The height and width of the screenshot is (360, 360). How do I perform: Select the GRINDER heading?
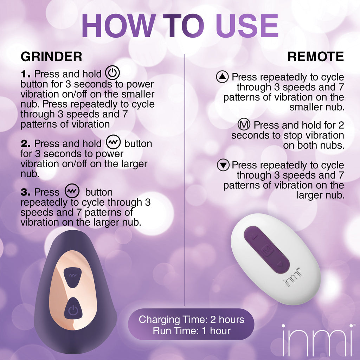pyautogui.click(x=51, y=57)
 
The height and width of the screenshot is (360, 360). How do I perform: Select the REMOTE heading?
pyautogui.click(x=315, y=57)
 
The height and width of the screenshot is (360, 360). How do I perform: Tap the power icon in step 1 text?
pyautogui.click(x=112, y=73)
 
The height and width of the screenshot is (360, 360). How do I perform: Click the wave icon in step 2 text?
pyautogui.click(x=113, y=143)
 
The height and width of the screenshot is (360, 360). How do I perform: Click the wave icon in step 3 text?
pyautogui.click(x=72, y=192)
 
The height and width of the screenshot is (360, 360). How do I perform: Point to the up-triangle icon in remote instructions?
pyautogui.click(x=223, y=77)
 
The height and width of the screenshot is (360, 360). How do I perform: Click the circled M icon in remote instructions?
pyautogui.click(x=244, y=125)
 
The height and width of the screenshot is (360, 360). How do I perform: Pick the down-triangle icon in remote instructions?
pyautogui.click(x=223, y=165)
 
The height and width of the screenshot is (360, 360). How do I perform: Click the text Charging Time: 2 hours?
pyautogui.click(x=191, y=320)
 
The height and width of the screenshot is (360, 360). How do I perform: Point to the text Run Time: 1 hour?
pyautogui.click(x=191, y=331)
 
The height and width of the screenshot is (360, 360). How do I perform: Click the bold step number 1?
pyautogui.click(x=26, y=74)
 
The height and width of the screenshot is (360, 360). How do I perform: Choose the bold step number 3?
pyautogui.click(x=26, y=192)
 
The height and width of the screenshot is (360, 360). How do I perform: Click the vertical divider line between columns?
pyautogui.click(x=185, y=176)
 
